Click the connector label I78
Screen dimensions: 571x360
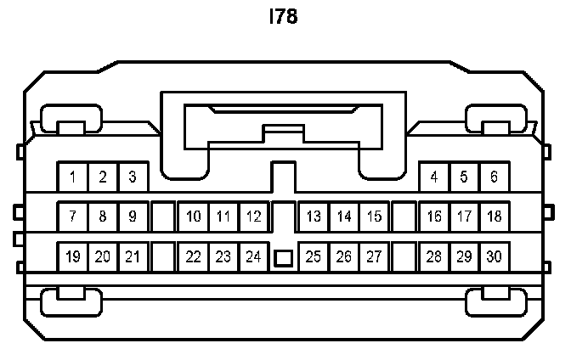(285, 17)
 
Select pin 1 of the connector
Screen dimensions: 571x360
(73, 177)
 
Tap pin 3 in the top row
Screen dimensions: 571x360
(133, 177)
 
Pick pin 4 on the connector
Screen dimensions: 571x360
(434, 177)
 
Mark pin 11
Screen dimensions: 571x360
(223, 217)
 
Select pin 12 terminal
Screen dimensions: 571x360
(253, 217)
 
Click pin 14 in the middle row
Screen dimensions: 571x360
(344, 217)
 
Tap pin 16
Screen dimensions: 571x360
(434, 217)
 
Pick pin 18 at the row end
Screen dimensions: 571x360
(494, 217)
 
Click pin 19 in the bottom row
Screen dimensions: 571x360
(73, 256)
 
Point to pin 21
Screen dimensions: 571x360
(133, 256)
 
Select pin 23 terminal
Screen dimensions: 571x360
(223, 256)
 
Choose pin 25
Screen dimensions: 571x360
(314, 256)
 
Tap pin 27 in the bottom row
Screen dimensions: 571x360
(374, 256)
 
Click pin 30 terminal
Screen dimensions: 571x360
(494, 256)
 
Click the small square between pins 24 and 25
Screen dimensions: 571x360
(284, 257)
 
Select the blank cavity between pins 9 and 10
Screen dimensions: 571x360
(162, 217)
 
